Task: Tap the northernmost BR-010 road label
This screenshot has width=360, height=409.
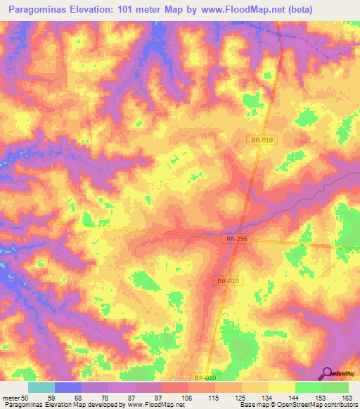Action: point(262,141)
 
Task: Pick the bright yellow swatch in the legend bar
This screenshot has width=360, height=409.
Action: point(281,387)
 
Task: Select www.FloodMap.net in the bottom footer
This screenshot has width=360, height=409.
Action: point(148,405)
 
